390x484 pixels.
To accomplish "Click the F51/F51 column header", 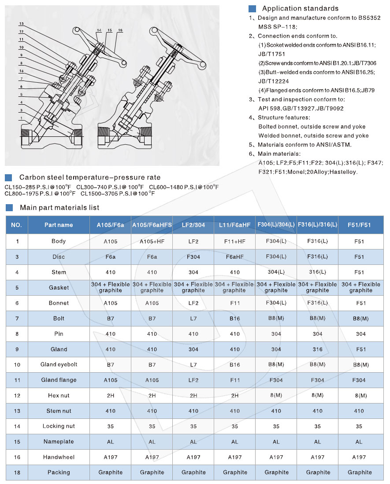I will point(359,225).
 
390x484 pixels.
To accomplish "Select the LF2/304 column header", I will point(193,225).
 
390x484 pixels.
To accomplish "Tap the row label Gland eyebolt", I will point(59,364).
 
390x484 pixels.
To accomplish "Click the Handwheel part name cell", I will point(59,457).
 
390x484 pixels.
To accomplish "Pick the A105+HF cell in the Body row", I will point(152,241).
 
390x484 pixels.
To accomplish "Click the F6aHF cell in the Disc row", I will point(234,257).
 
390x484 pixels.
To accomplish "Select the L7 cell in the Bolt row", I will point(193,318).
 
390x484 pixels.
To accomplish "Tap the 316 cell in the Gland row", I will point(317,349).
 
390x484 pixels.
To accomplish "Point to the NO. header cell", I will point(16,225).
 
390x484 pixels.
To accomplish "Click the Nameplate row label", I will point(59,441).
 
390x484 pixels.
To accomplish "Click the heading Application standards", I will point(300,8).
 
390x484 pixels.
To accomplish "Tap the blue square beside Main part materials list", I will point(8,208).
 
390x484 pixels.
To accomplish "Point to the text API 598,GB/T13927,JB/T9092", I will point(301,108).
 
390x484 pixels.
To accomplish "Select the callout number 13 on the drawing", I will point(21,23).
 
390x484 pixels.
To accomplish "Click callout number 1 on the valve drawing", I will point(21,118).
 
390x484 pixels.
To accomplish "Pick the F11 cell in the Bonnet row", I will point(234,303).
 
